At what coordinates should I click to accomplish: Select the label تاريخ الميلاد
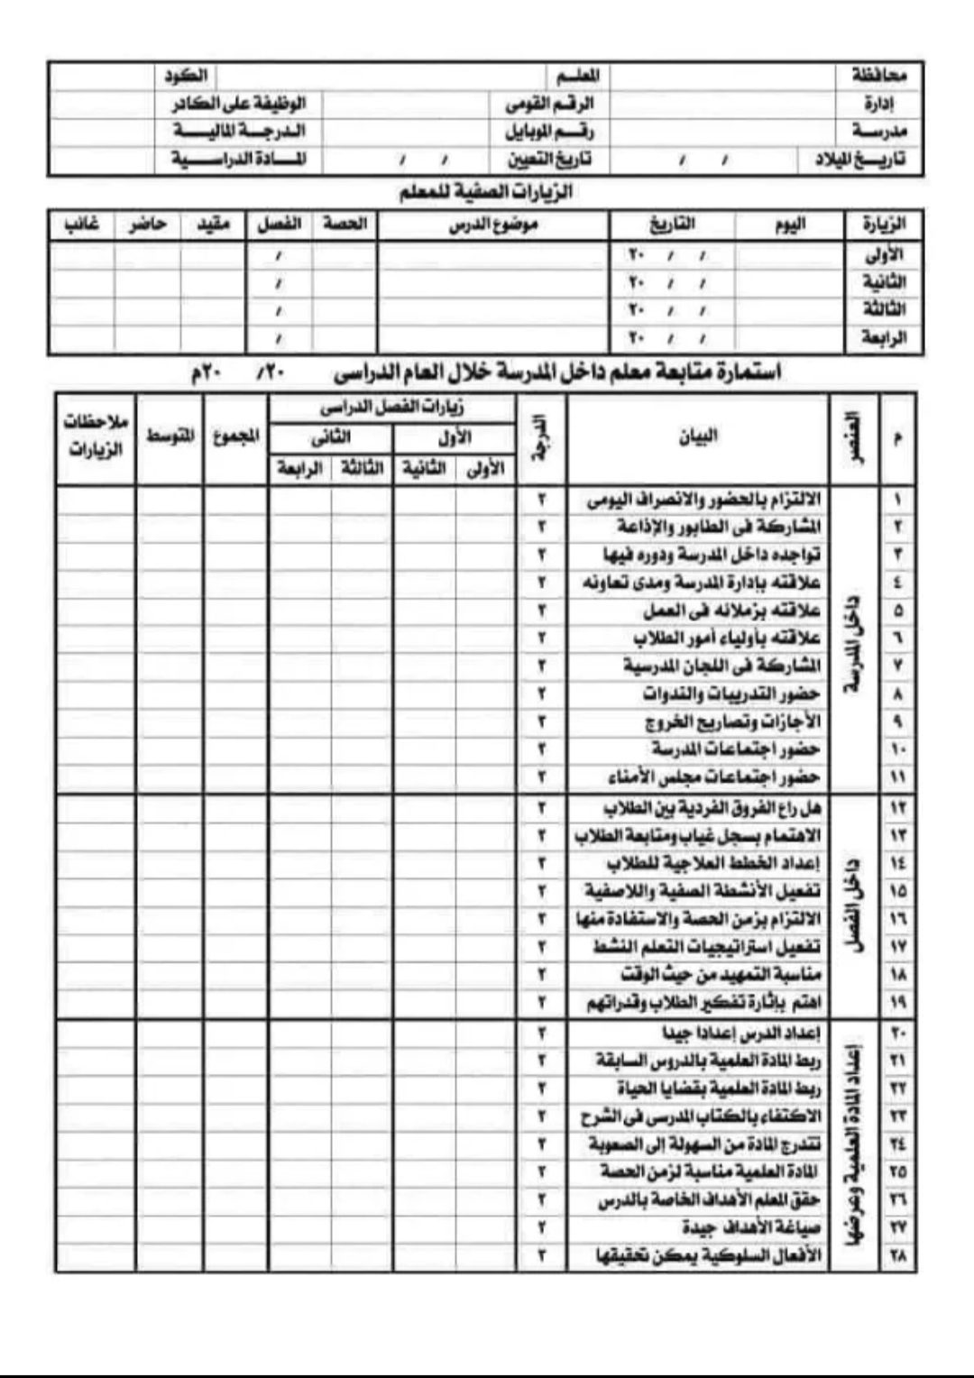pos(860,160)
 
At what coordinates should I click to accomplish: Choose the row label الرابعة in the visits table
pos(884,338)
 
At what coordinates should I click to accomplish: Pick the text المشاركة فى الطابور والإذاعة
pos(719,527)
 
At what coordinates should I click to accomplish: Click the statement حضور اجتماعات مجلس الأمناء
pos(712,776)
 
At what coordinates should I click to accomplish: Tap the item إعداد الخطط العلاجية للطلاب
pos(713,863)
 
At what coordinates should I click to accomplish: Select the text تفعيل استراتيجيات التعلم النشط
pos(706,947)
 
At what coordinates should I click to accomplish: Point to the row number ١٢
pos(897,808)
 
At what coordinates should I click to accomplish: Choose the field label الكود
pos(185,75)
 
